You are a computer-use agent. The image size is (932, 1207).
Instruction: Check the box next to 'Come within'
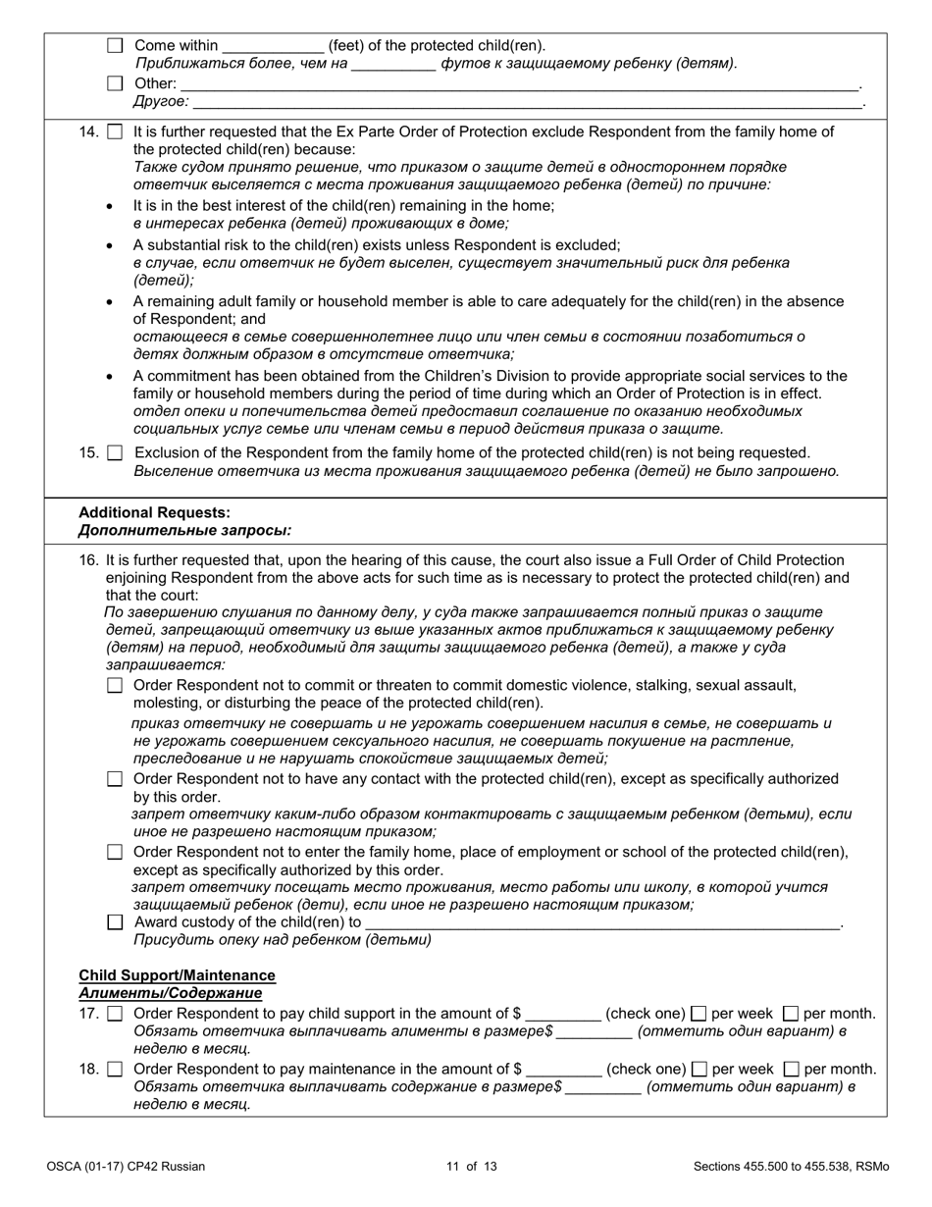click(x=115, y=45)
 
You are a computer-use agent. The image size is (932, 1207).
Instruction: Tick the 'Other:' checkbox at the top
click(x=115, y=83)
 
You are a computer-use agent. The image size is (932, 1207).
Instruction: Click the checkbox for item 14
click(x=115, y=131)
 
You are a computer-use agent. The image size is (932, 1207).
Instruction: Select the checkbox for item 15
click(x=115, y=453)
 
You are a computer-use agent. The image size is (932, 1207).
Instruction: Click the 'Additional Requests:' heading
click(x=154, y=512)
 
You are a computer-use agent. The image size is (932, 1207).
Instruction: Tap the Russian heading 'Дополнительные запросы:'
click(x=184, y=531)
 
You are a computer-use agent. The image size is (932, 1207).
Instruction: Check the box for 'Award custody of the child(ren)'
click(x=115, y=922)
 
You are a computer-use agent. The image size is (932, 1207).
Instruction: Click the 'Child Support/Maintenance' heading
click(x=177, y=975)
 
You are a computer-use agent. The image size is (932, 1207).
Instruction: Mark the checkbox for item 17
click(x=115, y=1014)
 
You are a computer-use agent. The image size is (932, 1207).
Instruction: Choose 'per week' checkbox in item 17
click(x=699, y=1014)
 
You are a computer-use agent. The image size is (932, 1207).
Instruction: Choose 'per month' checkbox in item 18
click(x=792, y=1069)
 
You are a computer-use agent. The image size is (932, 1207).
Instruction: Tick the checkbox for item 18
click(x=115, y=1069)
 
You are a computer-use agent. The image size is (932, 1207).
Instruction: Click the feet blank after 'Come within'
click(x=273, y=45)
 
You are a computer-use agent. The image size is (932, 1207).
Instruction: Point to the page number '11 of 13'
click(x=471, y=1167)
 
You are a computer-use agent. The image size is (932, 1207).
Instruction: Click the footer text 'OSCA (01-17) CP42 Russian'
click(x=126, y=1167)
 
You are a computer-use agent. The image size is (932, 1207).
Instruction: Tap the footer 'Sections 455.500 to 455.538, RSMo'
click(x=791, y=1167)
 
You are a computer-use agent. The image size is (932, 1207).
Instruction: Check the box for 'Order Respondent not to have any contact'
click(x=115, y=779)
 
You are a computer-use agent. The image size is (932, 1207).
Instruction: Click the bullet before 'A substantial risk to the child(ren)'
click(x=109, y=245)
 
